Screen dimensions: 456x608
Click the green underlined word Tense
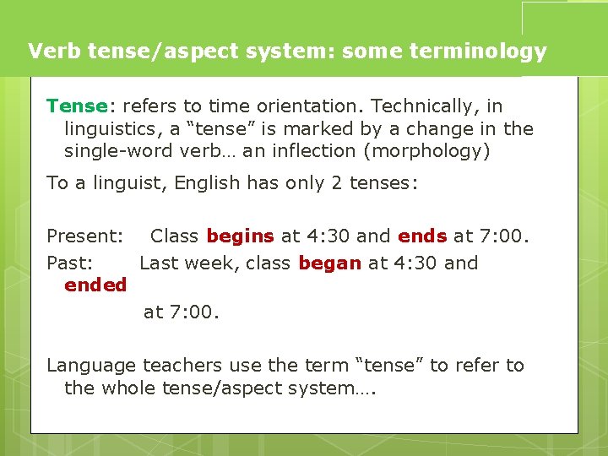click(x=77, y=106)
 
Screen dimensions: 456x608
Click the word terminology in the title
click(x=478, y=52)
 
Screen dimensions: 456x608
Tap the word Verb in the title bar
click(x=52, y=52)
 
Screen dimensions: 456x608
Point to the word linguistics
click(x=110, y=129)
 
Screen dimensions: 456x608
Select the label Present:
click(x=85, y=236)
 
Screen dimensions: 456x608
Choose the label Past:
click(x=69, y=263)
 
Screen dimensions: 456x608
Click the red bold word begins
click(x=240, y=236)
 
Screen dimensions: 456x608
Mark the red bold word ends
click(x=422, y=236)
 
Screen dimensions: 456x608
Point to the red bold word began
click(x=329, y=263)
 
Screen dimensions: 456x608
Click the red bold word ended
click(x=95, y=285)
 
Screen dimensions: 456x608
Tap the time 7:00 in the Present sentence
click(x=502, y=236)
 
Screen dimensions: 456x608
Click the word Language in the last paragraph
click(x=90, y=366)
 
